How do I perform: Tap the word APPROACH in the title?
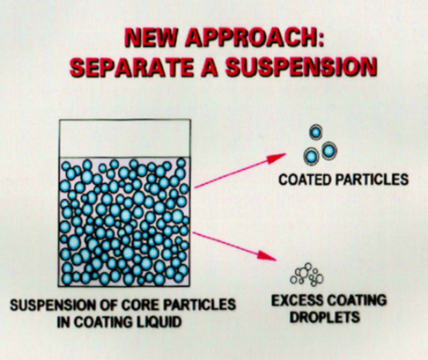click(255, 38)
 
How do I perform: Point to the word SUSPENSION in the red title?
click(301, 67)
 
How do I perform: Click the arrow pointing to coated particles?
click(240, 171)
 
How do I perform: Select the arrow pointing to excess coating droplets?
click(235, 246)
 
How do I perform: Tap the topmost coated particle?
click(316, 132)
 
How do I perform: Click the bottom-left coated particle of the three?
click(311, 157)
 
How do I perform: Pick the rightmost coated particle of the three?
click(329, 151)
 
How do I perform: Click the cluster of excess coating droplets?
click(306, 275)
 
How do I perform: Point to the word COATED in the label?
click(305, 180)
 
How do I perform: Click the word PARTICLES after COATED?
click(372, 180)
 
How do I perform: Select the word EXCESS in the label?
click(297, 300)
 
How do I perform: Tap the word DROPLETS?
click(325, 317)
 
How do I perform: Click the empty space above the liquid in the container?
click(125, 138)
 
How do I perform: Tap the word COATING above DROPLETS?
click(357, 300)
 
